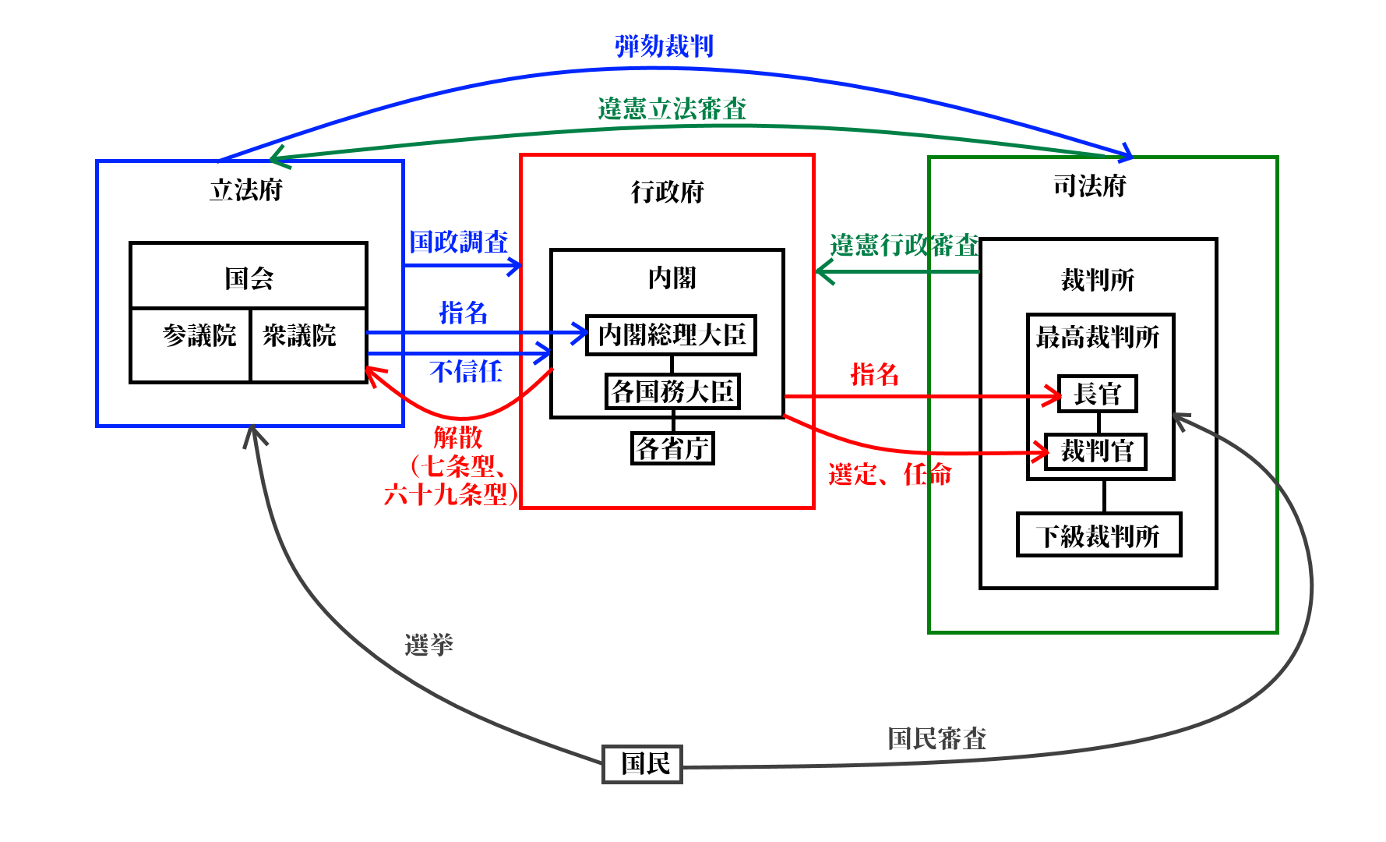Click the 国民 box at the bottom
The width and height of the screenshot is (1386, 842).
tap(643, 764)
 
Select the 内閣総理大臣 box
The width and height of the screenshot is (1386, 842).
tap(671, 335)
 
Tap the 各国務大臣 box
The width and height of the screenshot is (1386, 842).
tap(672, 391)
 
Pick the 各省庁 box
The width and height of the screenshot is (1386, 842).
tap(672, 448)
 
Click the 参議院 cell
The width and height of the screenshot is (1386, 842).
tap(199, 337)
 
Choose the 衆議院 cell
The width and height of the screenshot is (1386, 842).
tap(300, 337)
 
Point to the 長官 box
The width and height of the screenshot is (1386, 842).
tap(1097, 394)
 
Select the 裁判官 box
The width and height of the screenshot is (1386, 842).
tap(1095, 451)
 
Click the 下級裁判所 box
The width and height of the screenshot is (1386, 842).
tap(1099, 536)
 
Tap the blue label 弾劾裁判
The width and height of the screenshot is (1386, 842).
tap(664, 46)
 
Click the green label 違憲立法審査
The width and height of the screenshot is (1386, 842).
tap(672, 108)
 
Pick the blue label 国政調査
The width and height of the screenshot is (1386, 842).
tap(459, 242)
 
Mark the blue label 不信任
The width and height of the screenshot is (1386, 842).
tap(465, 371)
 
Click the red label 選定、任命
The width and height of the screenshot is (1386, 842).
tap(889, 474)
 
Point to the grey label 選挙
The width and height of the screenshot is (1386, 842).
tap(428, 645)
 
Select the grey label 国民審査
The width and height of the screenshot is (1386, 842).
tap(936, 738)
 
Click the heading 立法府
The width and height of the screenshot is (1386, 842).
tap(246, 190)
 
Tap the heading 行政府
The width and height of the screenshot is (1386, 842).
tap(667, 192)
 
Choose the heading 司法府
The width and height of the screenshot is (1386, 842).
tap(1089, 186)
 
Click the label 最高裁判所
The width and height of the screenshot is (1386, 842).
tap(1097, 338)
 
